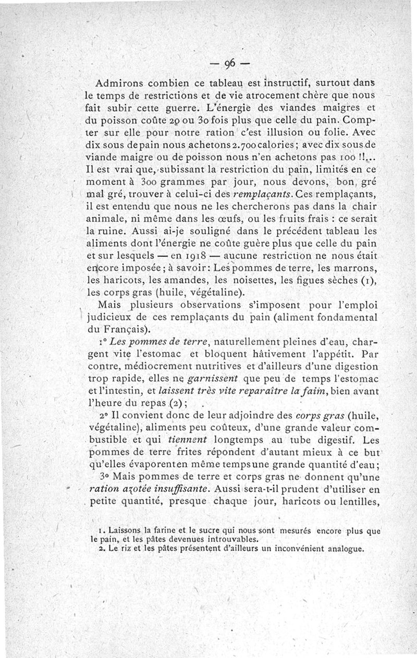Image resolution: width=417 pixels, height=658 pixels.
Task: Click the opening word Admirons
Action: (x=120, y=84)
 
